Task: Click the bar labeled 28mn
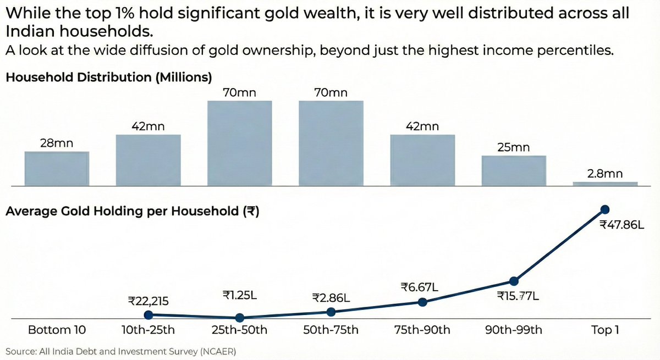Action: (57, 168)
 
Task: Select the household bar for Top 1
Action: (605, 183)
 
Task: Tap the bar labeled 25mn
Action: (514, 170)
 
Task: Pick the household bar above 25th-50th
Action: (239, 143)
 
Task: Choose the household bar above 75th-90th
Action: (422, 159)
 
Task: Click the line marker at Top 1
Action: (605, 209)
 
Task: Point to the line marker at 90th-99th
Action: (514, 281)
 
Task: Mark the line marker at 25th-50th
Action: (239, 318)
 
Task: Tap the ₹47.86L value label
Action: (621, 225)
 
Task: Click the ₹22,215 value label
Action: (148, 301)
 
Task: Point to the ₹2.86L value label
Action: (331, 297)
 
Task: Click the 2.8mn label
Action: (605, 174)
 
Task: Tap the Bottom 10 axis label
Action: (57, 330)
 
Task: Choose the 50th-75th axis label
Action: (331, 330)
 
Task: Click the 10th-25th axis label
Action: (148, 330)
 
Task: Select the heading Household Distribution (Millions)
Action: (108, 77)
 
